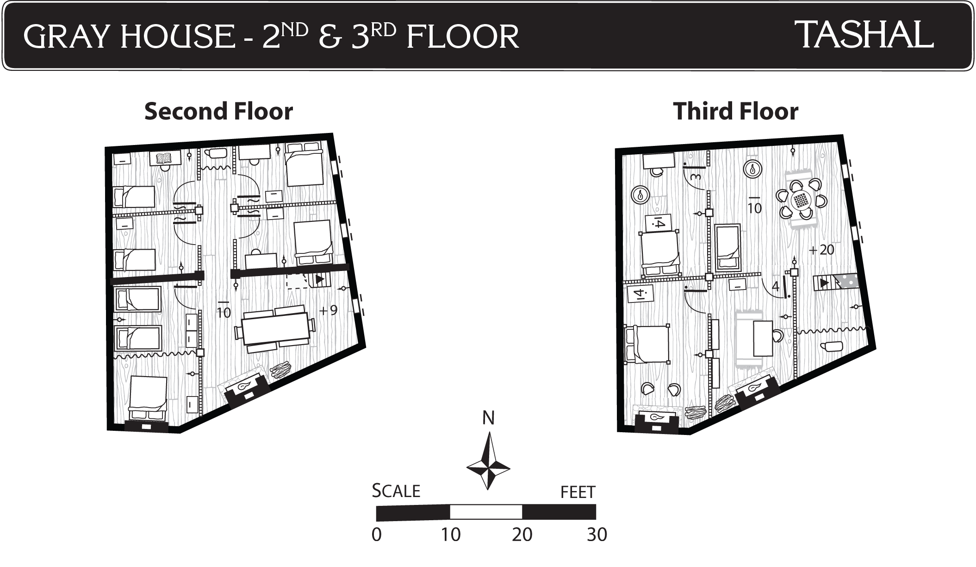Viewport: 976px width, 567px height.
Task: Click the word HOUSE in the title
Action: tap(178, 37)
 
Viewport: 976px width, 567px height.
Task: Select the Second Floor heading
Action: tap(218, 111)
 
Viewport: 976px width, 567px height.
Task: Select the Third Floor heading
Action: tap(736, 111)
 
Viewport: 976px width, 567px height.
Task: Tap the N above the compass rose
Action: tap(488, 418)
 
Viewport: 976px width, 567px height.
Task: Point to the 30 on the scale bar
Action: tap(597, 535)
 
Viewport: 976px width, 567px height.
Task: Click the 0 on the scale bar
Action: tap(377, 535)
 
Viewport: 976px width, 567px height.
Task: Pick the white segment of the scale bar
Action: tap(486, 512)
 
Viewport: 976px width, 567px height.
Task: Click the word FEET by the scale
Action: tap(578, 492)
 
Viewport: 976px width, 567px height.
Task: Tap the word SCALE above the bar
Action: tap(396, 491)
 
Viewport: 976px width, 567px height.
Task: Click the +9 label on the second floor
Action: tap(329, 310)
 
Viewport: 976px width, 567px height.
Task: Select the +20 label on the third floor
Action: tap(821, 250)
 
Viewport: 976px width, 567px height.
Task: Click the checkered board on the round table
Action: tap(801, 201)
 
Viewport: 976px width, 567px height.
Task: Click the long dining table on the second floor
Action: tap(275, 328)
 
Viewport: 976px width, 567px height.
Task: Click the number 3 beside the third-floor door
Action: tap(696, 176)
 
